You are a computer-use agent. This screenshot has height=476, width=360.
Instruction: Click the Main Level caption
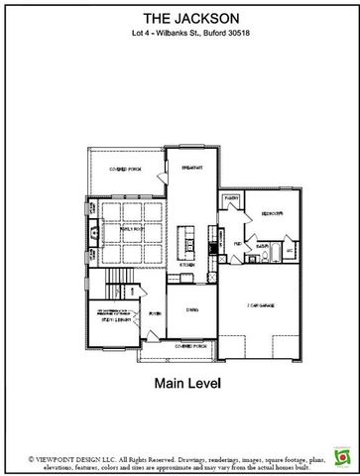tap(180, 380)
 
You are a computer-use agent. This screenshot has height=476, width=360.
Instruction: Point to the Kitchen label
tap(185, 265)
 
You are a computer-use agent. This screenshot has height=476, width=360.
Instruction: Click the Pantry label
tap(232, 198)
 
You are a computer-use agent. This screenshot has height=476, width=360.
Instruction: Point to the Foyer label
tap(155, 314)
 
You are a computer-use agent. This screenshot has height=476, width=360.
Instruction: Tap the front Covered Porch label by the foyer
tap(189, 346)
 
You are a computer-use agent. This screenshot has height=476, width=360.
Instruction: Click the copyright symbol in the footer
tap(8, 459)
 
